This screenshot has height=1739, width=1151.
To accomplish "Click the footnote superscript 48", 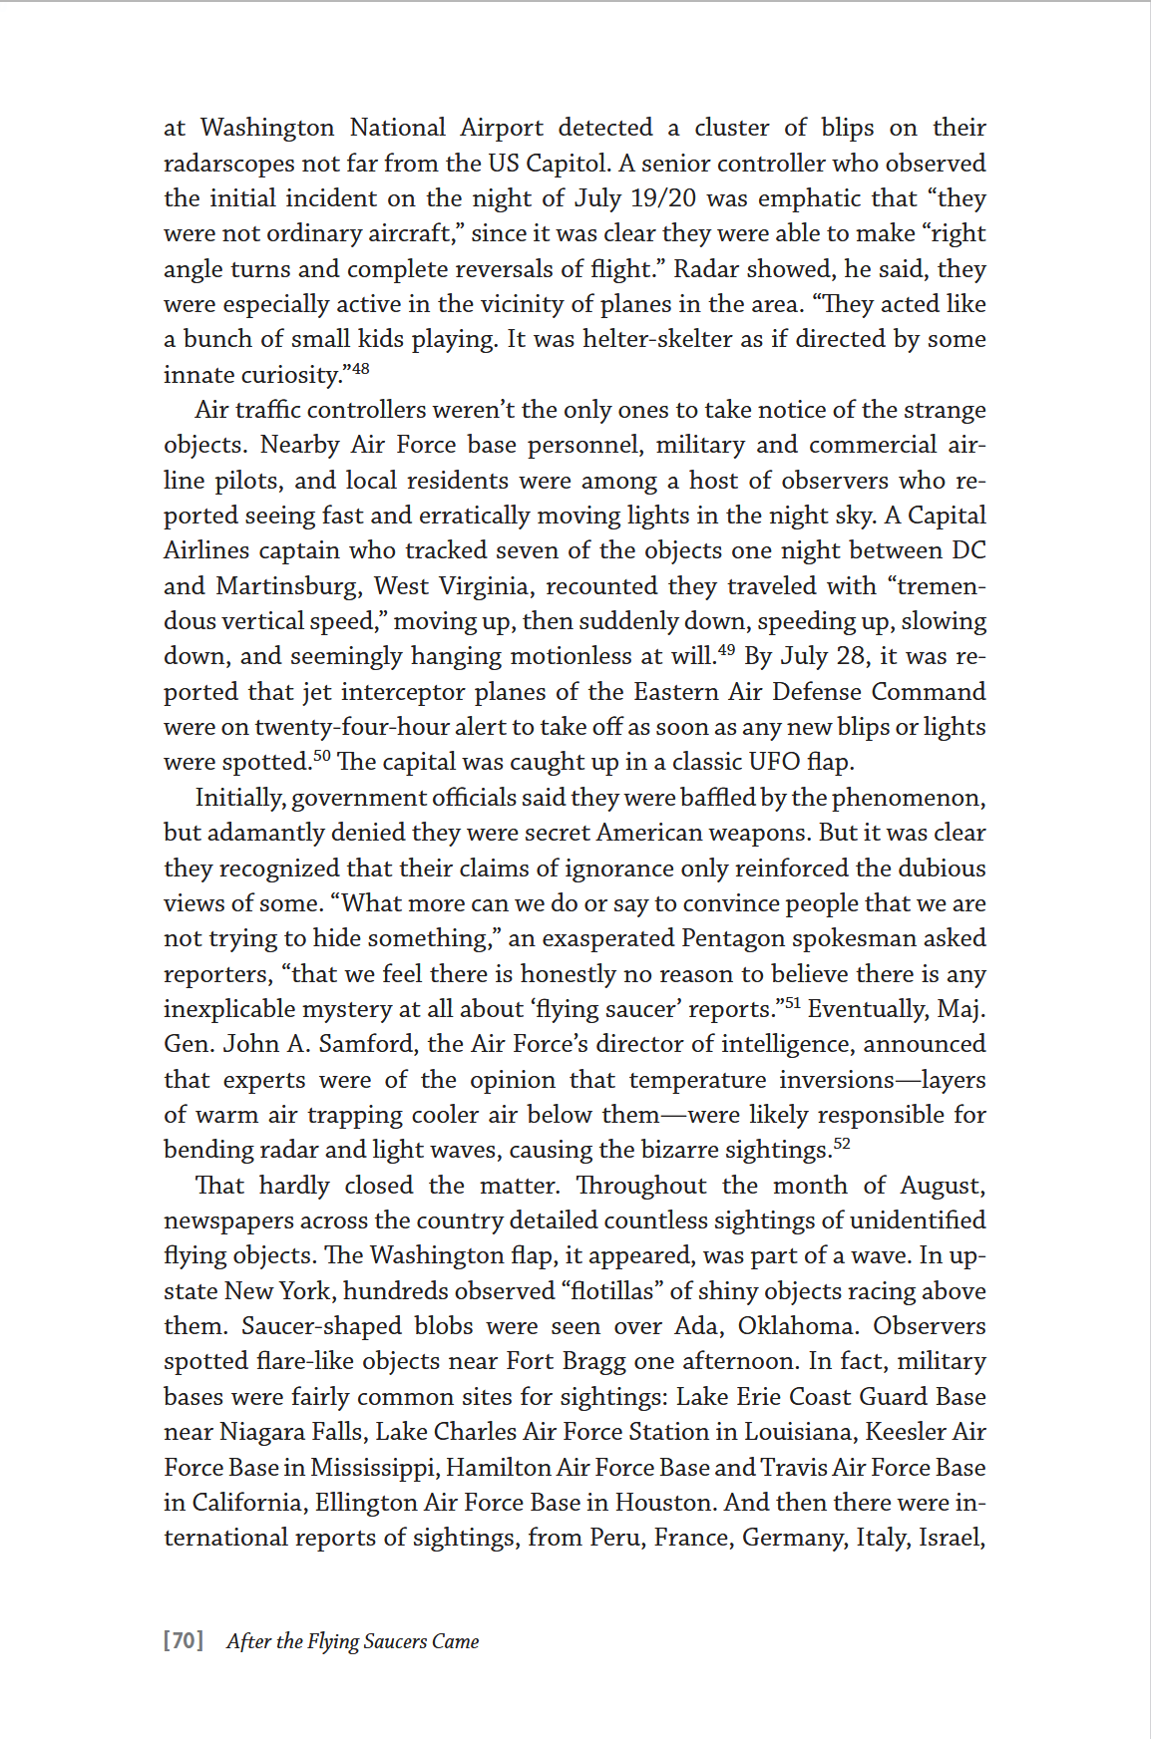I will click(360, 368).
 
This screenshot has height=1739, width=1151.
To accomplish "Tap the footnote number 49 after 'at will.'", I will click(726, 650).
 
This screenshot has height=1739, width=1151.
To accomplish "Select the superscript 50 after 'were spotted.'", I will click(321, 756).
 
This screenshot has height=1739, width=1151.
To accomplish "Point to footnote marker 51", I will click(792, 1003).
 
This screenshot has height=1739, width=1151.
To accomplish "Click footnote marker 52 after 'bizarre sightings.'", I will click(842, 1144).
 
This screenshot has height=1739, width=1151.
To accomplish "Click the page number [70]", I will click(184, 1641).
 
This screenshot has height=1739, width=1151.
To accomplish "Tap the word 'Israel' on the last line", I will click(949, 1538).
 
